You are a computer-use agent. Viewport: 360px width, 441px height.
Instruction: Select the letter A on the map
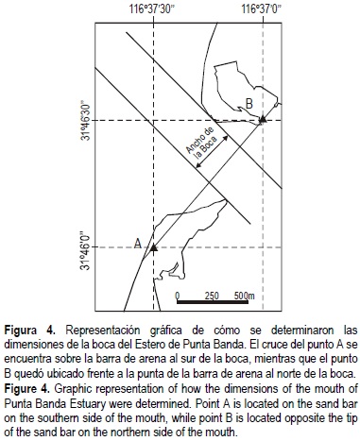click(x=139, y=243)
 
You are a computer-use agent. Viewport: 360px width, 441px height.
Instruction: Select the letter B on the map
click(x=248, y=103)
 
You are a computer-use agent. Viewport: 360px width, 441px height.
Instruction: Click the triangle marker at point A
click(x=152, y=246)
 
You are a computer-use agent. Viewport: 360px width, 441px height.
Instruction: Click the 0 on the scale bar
click(x=178, y=295)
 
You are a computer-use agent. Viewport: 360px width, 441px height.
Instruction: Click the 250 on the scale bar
click(x=212, y=295)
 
